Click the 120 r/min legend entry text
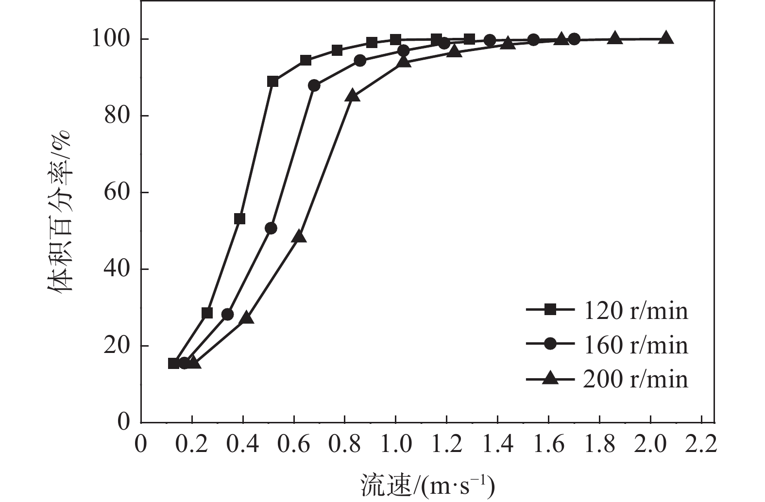635,310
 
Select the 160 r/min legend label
635,345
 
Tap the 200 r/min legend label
635,379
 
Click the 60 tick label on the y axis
117,193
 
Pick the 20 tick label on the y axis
117,346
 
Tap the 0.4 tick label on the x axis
243,444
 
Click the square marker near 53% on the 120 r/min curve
239,219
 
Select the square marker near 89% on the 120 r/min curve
272,82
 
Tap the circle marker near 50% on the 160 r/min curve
271,228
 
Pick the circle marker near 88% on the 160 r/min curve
314,85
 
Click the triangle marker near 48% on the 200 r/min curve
300,236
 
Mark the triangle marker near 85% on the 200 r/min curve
353,96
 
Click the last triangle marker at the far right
666,38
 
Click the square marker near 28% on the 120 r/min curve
207,313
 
